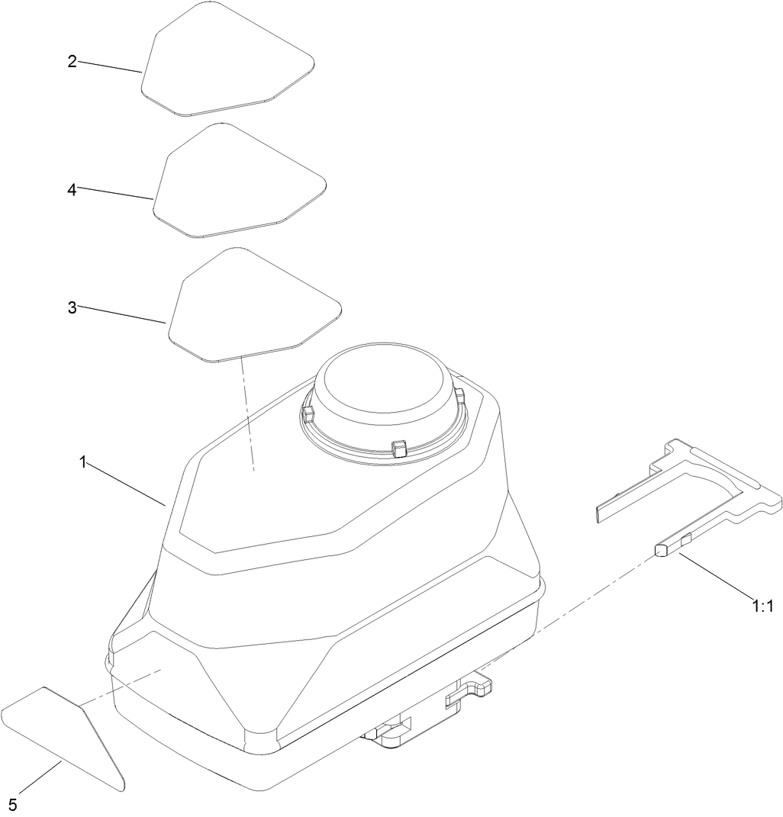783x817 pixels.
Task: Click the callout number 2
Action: (72, 61)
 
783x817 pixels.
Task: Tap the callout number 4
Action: (72, 190)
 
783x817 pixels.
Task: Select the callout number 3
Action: (72, 307)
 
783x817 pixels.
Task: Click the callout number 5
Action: (13, 804)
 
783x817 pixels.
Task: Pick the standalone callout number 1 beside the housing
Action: (81, 462)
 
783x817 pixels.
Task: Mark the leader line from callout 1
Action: (127, 484)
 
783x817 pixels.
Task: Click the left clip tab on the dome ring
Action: (308, 414)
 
